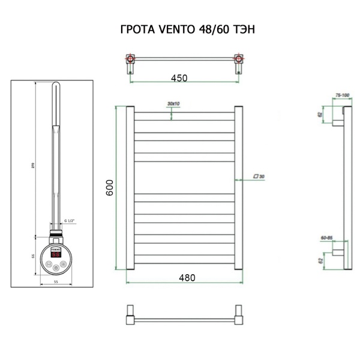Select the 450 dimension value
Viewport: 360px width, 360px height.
tap(179, 77)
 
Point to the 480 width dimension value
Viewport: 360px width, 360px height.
tap(187, 277)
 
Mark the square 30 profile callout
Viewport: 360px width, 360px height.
tap(259, 176)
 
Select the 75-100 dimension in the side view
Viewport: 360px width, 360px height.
tap(343, 94)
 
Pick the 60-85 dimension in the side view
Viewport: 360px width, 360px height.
tap(328, 238)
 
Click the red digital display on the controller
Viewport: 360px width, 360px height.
tap(55, 254)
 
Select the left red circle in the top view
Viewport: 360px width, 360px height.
tap(130, 59)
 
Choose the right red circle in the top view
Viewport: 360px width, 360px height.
tap(239, 59)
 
